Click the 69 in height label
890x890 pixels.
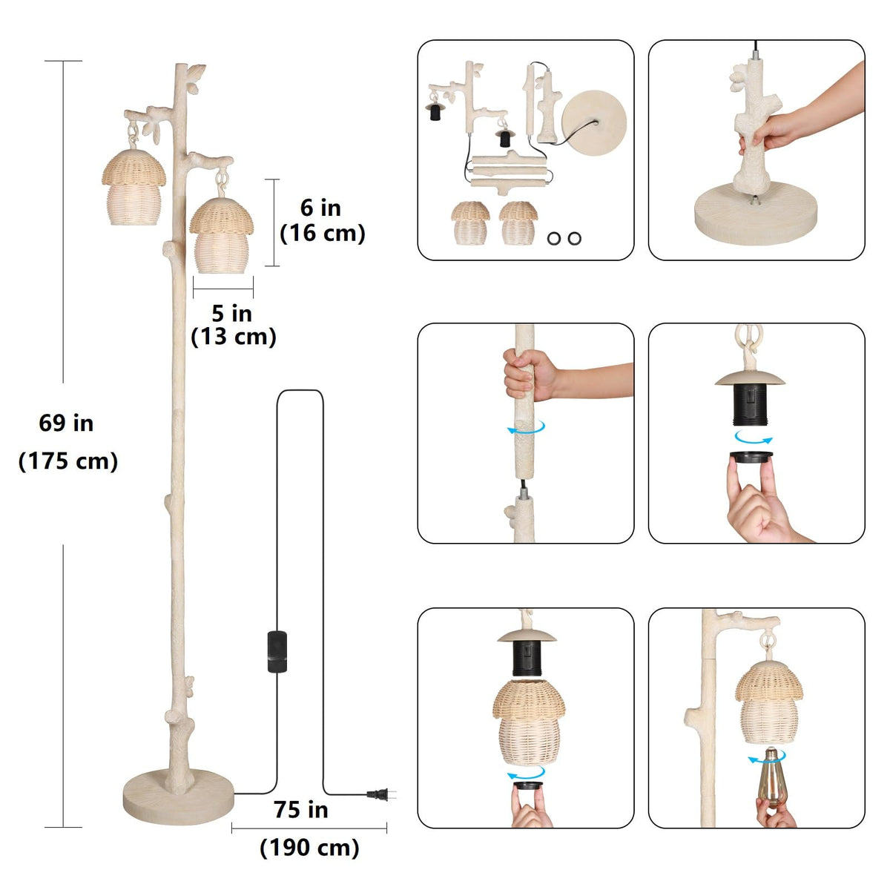pyautogui.click(x=66, y=423)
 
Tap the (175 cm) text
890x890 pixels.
pyautogui.click(x=68, y=461)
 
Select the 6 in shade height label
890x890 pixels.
pyautogui.click(x=320, y=208)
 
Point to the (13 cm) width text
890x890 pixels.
pyautogui.click(x=233, y=337)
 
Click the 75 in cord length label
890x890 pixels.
pyautogui.click(x=300, y=810)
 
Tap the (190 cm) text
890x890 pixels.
pyautogui.click(x=309, y=848)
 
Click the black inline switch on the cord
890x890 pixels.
pyautogui.click(x=277, y=652)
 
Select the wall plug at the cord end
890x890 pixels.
pyautogui.click(x=381, y=794)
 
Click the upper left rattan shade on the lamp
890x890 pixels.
pyautogui.click(x=133, y=188)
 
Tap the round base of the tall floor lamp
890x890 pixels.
pyautogui.click(x=178, y=797)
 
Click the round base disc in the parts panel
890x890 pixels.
pyautogui.click(x=594, y=123)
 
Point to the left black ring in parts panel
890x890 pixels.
pyautogui.click(x=554, y=238)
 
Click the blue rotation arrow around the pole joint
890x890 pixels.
pyautogui.click(x=527, y=428)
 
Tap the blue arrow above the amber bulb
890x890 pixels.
pyautogui.click(x=767, y=758)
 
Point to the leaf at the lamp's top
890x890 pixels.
pyautogui.click(x=196, y=73)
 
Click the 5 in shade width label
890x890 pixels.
pyautogui.click(x=232, y=314)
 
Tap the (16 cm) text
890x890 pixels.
pyautogui.click(x=323, y=233)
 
